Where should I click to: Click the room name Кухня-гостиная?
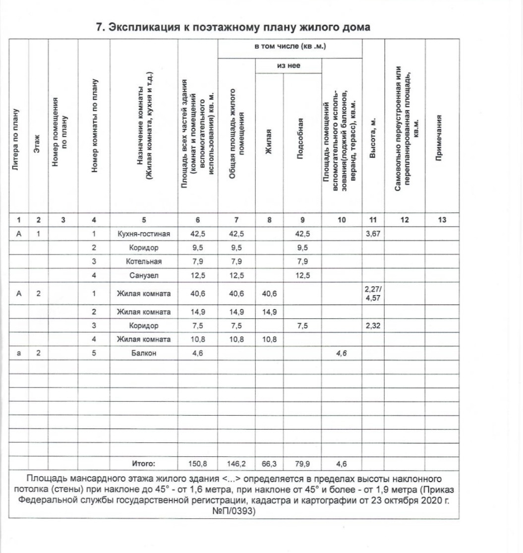coord(144,234)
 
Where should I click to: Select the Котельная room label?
coord(144,261)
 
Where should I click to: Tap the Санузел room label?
coord(144,275)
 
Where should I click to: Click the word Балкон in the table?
coord(144,353)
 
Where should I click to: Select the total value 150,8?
coord(198,464)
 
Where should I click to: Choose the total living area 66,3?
coord(269,464)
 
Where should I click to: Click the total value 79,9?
coord(302,464)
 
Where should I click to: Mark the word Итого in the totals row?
coord(143,464)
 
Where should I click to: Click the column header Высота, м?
coord(374,139)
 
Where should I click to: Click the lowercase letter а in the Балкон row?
coord(18,353)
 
